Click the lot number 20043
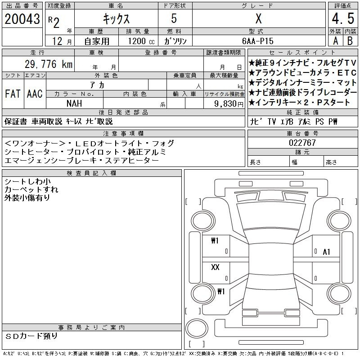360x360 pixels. tap(22, 19)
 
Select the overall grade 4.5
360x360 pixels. tap(343, 18)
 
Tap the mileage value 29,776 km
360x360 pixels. tap(49, 64)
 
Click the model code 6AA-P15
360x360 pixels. tap(258, 41)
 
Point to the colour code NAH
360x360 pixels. tap(74, 103)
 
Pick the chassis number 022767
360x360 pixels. tap(302, 143)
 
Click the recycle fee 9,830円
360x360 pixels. tap(229, 104)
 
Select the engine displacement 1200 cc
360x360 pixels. tap(141, 41)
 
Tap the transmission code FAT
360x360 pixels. tap(13, 94)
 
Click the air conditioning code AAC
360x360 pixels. tap(35, 94)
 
